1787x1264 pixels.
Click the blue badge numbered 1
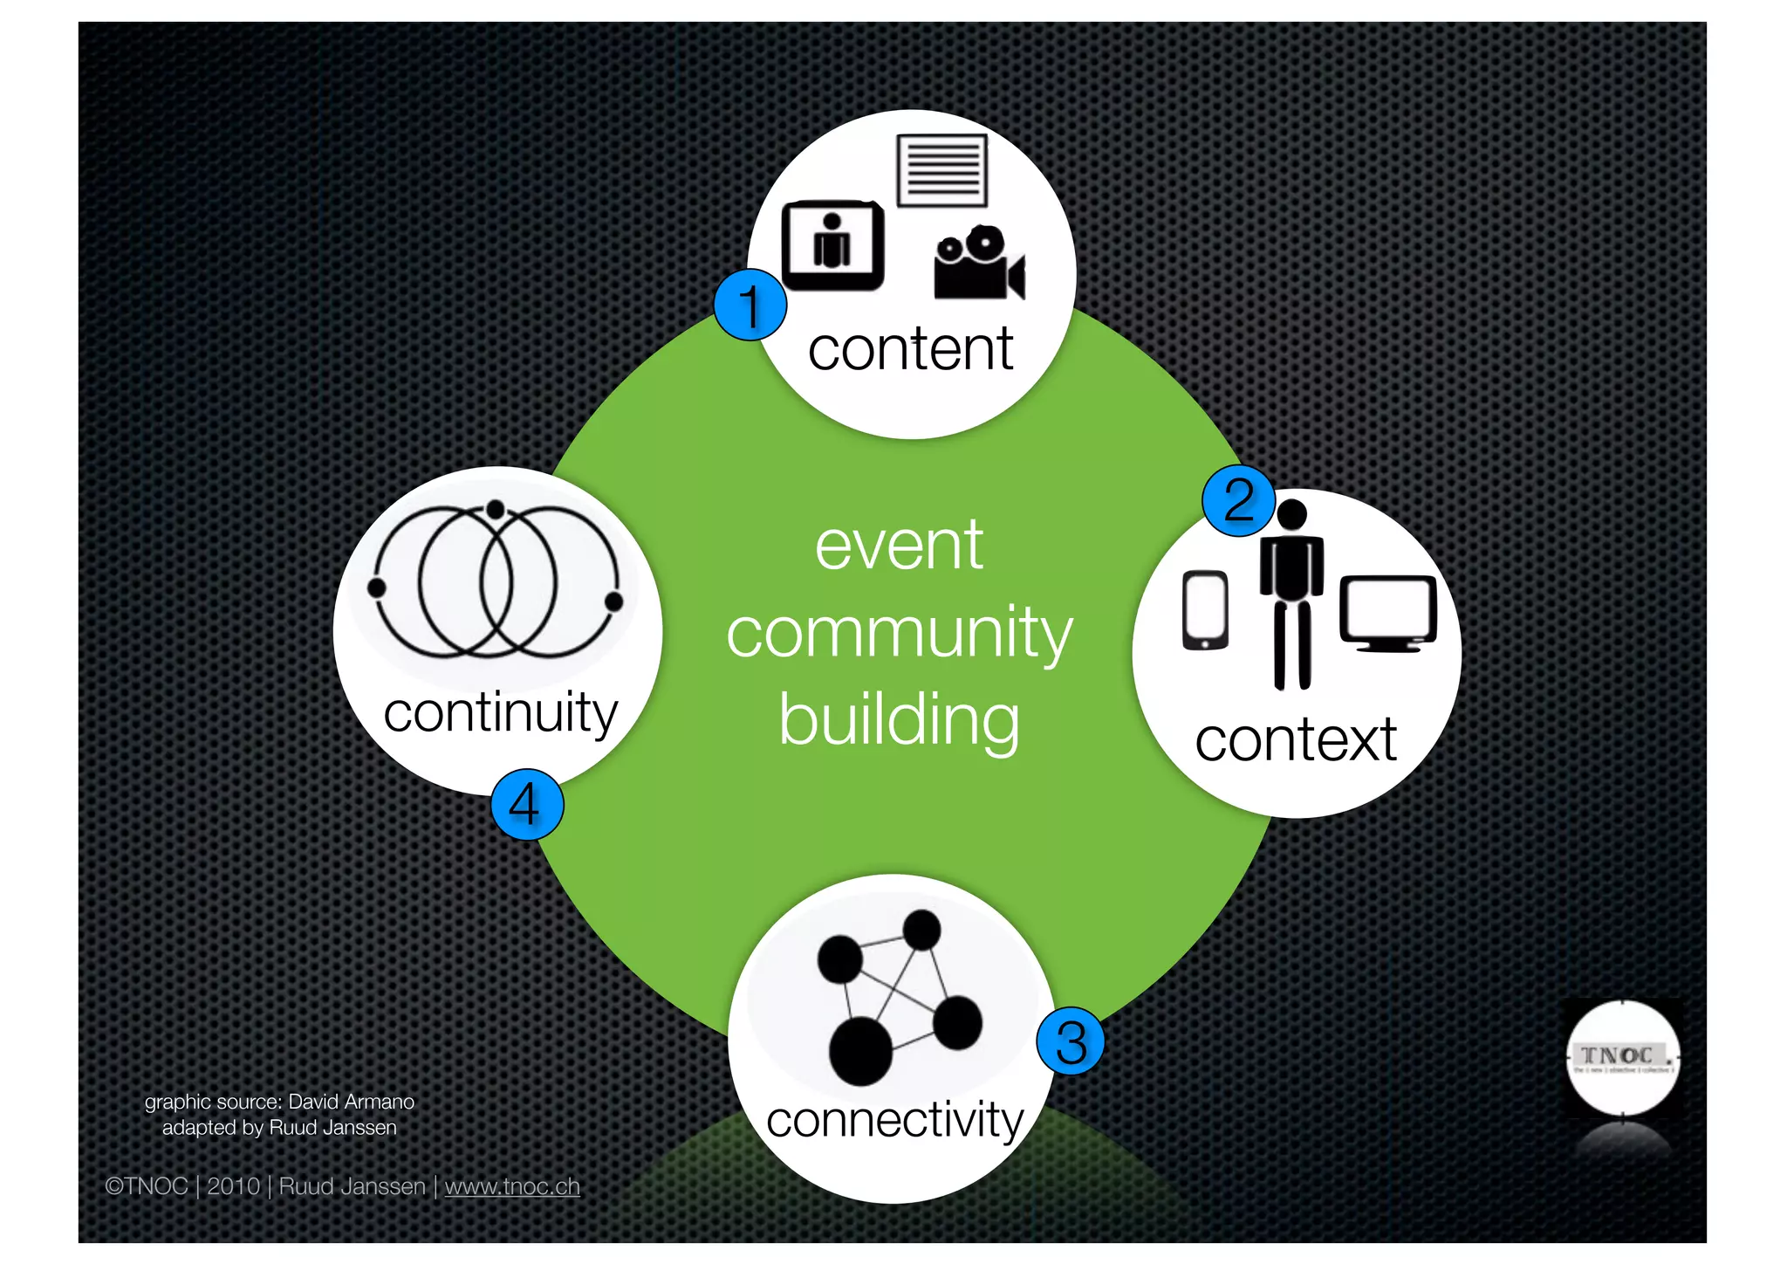pyautogui.click(x=750, y=305)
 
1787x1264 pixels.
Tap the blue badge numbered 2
pyautogui.click(x=1238, y=501)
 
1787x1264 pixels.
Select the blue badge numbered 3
pyautogui.click(x=1071, y=1041)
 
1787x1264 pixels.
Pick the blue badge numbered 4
pyautogui.click(x=526, y=804)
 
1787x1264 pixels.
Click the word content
pyautogui.click(x=910, y=349)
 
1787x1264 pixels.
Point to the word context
pyautogui.click(x=1296, y=740)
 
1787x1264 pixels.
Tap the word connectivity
pyautogui.click(x=894, y=1120)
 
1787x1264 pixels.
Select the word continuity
pyautogui.click(x=500, y=712)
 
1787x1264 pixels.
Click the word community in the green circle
pyautogui.click(x=899, y=634)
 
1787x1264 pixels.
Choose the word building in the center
pyautogui.click(x=899, y=721)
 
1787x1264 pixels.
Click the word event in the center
pyautogui.click(x=899, y=546)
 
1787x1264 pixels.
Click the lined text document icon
pyautogui.click(x=942, y=170)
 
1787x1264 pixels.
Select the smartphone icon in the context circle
pyautogui.click(x=1205, y=610)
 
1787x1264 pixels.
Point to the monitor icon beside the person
pyautogui.click(x=1387, y=614)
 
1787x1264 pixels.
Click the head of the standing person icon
pyautogui.click(x=1291, y=514)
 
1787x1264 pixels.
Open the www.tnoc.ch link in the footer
pyautogui.click(x=512, y=1186)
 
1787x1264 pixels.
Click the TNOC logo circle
pyautogui.click(x=1622, y=1058)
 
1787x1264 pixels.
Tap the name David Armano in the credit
pyautogui.click(x=351, y=1102)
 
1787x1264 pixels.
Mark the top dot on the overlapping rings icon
pyautogui.click(x=496, y=509)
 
